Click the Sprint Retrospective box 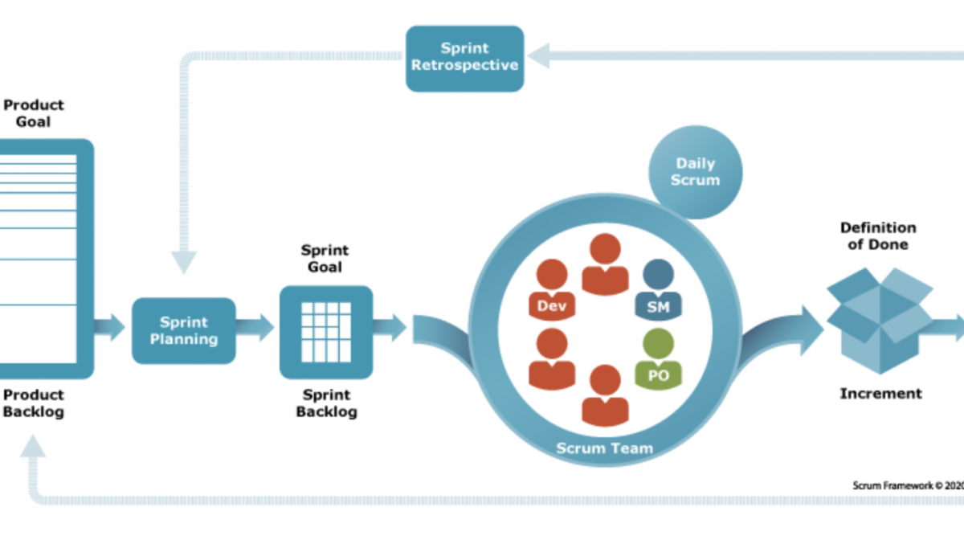click(x=464, y=58)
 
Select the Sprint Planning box click(x=184, y=331)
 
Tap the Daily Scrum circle click(x=695, y=172)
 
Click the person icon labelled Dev click(x=552, y=289)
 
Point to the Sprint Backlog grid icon click(x=325, y=332)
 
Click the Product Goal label click(x=33, y=113)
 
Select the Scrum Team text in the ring click(x=603, y=448)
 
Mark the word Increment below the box click(x=881, y=394)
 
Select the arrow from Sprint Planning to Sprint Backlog click(x=255, y=327)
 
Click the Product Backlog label click(x=33, y=403)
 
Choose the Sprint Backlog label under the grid click(x=326, y=403)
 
